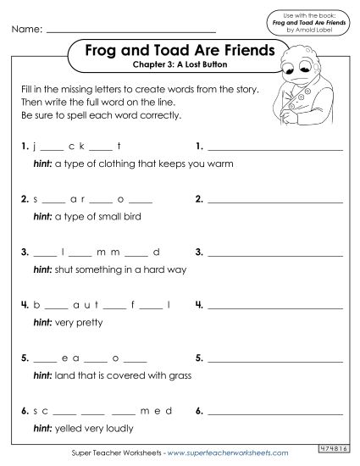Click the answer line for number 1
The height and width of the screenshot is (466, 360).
(275, 149)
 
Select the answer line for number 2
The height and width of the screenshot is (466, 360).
(275, 203)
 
